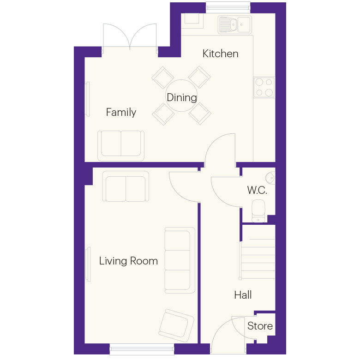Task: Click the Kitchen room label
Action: point(220,54)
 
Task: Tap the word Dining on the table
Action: point(181,97)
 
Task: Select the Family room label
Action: point(121,112)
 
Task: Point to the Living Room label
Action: point(128,261)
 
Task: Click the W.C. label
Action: point(257,190)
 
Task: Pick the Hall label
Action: point(243,295)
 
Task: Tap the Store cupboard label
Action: point(260,326)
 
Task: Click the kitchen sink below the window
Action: point(234,24)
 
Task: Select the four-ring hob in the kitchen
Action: point(264,87)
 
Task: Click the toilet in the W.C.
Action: point(258,210)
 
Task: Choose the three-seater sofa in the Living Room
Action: point(179,260)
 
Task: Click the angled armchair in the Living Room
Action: point(176,325)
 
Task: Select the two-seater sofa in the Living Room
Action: point(126,187)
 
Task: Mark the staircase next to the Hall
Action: point(258,259)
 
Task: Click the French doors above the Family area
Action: point(130,37)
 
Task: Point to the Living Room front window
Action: point(142,350)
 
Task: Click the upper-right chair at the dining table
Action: point(199,77)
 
